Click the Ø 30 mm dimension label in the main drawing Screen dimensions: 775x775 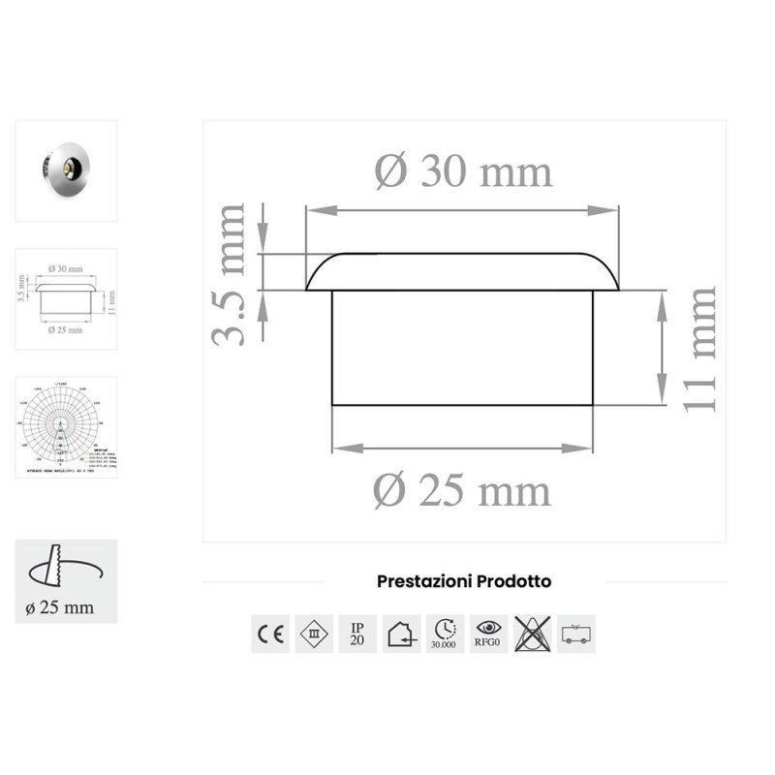point(463,172)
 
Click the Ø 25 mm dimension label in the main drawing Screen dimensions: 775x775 point(462,491)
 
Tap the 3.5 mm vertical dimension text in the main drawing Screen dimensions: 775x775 point(231,274)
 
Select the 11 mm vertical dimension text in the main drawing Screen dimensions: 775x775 point(699,349)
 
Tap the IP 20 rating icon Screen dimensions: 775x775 point(357,634)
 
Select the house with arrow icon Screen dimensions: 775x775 point(401,634)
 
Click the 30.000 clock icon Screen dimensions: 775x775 point(445,634)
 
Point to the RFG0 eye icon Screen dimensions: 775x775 point(488,634)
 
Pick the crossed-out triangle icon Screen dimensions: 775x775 point(532,634)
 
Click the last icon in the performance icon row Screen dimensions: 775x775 point(575,634)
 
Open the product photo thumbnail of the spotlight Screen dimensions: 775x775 point(66,170)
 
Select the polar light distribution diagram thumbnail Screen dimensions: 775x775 point(66,427)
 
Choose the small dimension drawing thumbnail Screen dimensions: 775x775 point(66,298)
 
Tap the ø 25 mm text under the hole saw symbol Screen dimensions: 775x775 point(60,607)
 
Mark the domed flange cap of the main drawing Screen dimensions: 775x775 point(463,272)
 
